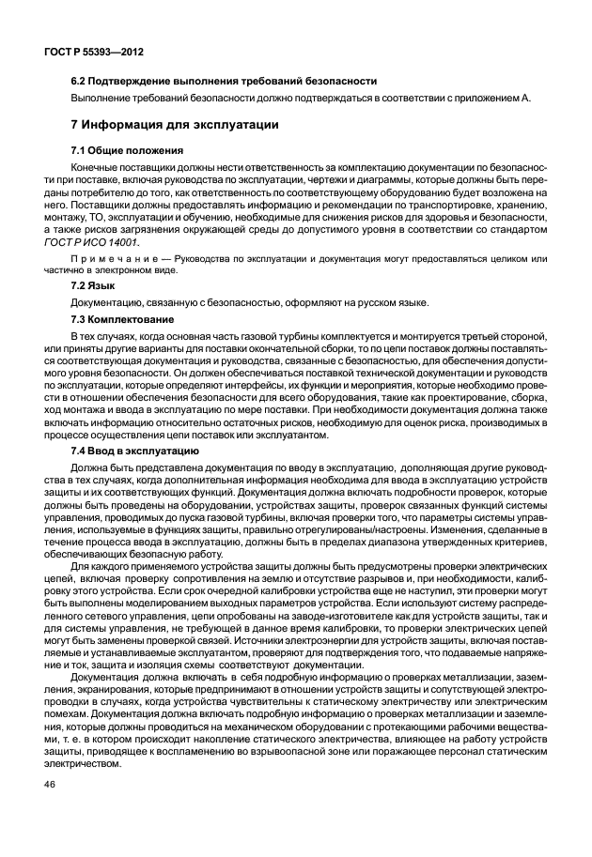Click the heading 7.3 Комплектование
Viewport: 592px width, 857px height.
click(123, 319)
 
